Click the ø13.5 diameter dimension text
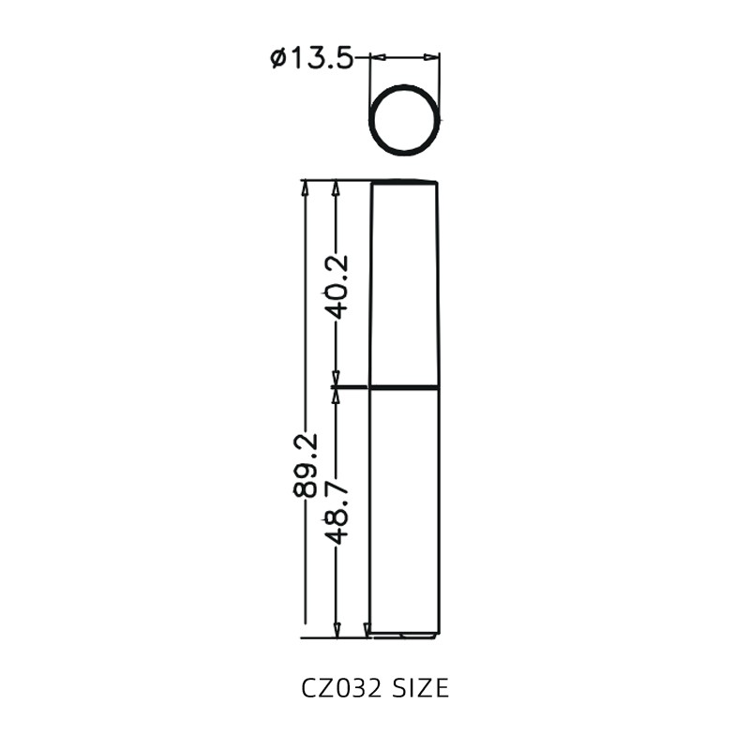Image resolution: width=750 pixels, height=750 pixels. [311, 58]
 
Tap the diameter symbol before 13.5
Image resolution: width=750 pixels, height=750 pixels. [278, 59]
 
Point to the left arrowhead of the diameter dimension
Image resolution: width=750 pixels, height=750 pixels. [375, 57]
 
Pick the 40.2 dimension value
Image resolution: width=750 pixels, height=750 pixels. [336, 286]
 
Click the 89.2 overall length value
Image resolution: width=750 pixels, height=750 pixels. [305, 464]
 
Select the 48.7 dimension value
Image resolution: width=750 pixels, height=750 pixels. [336, 511]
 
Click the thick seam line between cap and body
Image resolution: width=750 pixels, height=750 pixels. [403, 387]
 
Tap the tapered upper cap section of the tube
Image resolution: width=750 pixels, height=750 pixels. [404, 281]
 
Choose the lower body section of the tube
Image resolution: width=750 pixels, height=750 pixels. [403, 511]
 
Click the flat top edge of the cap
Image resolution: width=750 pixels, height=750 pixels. [404, 181]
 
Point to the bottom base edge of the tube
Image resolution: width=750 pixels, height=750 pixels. [403, 636]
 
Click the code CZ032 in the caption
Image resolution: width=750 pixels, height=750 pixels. [341, 689]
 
